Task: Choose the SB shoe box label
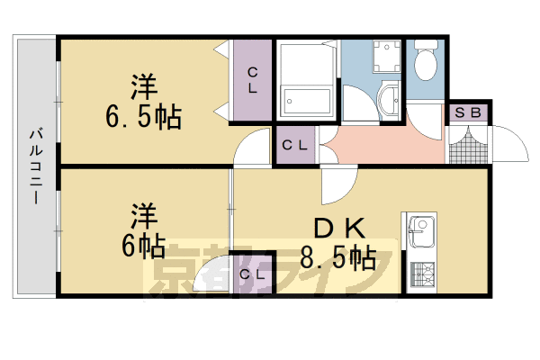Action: point(467,113)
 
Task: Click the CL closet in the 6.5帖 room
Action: point(253,81)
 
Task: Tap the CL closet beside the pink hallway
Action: point(296,144)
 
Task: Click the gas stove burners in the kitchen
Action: point(421,272)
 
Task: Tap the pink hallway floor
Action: point(382,144)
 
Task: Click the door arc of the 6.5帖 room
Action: point(252,148)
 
